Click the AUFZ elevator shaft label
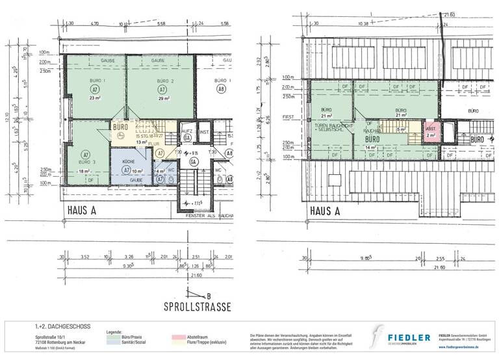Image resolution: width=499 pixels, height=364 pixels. click(x=186, y=131)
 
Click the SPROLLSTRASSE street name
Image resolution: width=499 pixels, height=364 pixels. click(x=194, y=305)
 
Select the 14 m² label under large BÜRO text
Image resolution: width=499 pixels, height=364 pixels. click(x=371, y=148)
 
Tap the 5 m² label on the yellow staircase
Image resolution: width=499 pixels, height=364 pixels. click(x=402, y=129)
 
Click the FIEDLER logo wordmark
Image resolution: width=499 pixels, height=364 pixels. click(x=409, y=337)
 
